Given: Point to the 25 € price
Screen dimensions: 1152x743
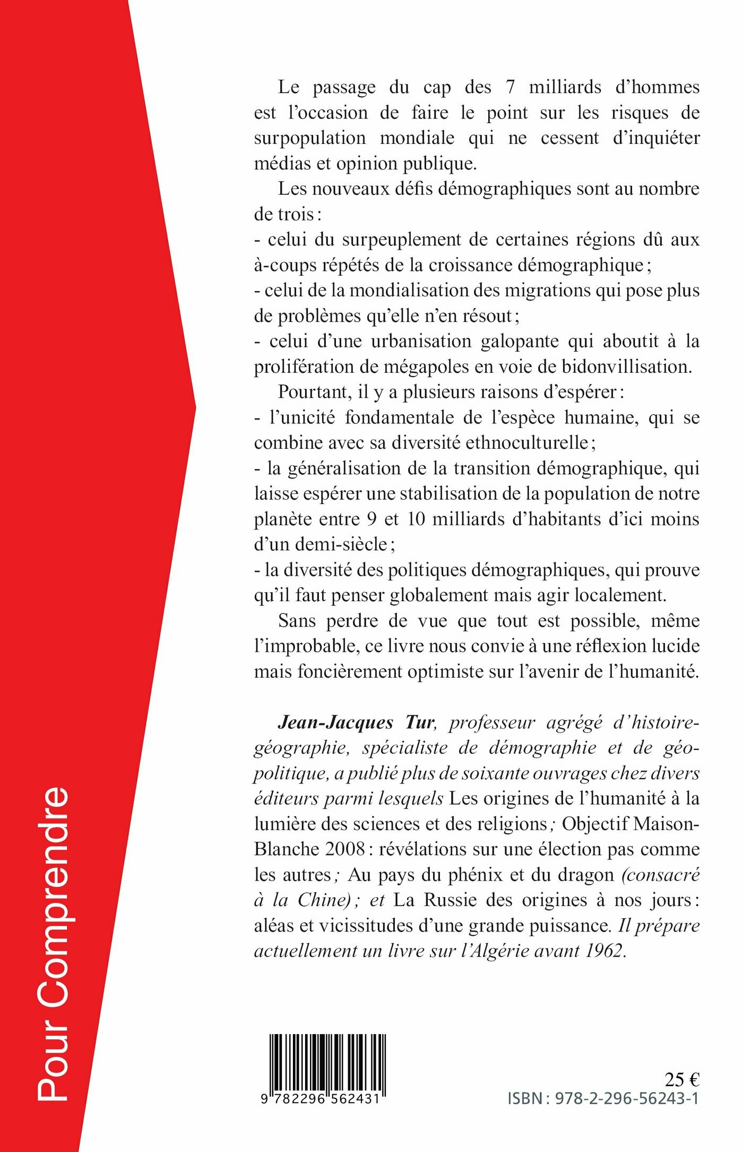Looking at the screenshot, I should click(682, 1079).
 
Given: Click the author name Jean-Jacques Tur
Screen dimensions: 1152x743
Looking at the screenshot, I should click(356, 722).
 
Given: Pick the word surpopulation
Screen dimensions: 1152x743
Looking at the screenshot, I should click(310, 138).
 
